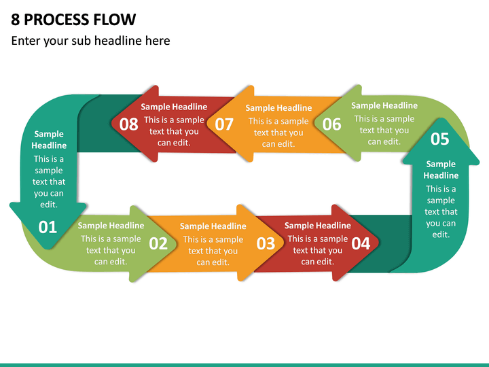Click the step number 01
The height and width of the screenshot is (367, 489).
48,227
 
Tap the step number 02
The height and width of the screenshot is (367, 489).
158,243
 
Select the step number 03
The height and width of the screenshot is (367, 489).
266,243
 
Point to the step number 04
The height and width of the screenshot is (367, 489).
361,243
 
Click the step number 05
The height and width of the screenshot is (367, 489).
440,139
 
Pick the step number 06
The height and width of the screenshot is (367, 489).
332,124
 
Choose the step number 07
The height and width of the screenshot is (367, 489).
224,124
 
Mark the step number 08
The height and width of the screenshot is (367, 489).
129,124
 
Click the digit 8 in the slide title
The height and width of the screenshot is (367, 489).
15,19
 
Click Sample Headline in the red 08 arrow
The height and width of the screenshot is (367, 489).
174,107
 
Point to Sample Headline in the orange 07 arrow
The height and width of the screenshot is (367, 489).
278,108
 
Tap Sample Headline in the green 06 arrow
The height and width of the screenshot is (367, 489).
384,105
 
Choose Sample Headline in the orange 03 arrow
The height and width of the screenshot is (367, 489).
213,226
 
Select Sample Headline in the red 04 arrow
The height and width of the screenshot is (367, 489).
317,226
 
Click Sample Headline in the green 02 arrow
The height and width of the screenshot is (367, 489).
111,226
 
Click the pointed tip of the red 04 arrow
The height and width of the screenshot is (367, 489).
378,242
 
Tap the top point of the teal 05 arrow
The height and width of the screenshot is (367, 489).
440,119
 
